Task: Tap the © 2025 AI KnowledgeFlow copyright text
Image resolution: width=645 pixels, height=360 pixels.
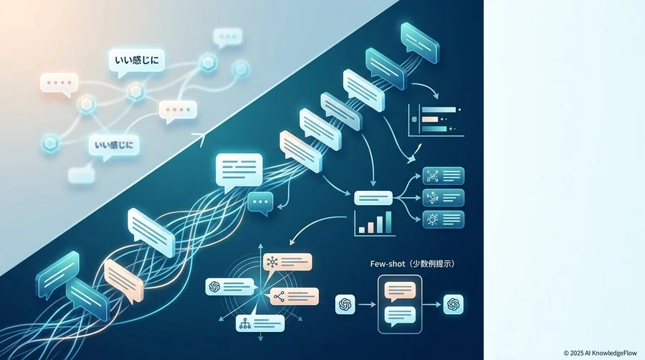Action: tap(600, 353)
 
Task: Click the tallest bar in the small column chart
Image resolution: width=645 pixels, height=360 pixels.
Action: tap(388, 222)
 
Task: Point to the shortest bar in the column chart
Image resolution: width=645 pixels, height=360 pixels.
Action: tap(362, 230)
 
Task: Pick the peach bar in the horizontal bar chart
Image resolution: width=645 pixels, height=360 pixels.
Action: tap(430, 119)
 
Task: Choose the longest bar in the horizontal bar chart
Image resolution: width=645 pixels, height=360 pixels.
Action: tap(439, 110)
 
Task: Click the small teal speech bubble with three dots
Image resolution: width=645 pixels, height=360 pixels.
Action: tap(260, 203)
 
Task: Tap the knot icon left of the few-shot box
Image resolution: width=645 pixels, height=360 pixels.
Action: tap(345, 305)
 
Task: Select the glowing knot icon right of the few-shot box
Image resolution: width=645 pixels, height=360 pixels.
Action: tap(454, 305)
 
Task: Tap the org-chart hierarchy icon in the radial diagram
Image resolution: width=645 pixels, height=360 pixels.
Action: tap(245, 324)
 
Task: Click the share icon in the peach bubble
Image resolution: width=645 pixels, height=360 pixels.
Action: tap(279, 296)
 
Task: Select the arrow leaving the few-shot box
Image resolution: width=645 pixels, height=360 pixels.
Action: tap(431, 305)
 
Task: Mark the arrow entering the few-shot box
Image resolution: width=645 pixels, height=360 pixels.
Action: tap(367, 305)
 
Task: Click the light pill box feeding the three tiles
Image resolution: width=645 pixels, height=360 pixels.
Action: tap(373, 198)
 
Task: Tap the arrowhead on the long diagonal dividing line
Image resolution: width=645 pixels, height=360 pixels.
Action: tap(201, 138)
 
